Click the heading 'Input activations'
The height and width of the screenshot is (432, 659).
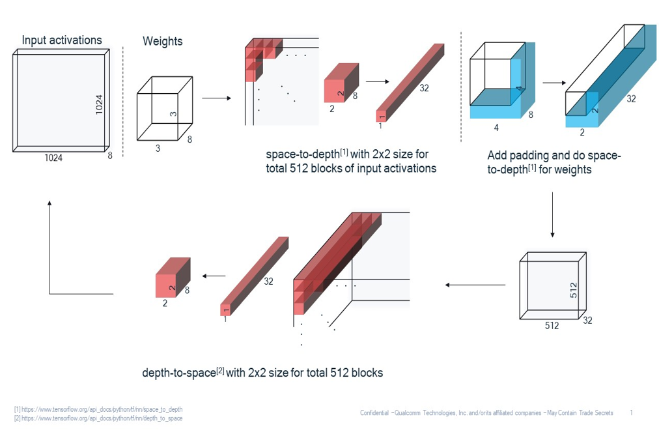pyautogui.click(x=62, y=40)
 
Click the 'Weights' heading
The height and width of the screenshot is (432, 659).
pyautogui.click(x=162, y=42)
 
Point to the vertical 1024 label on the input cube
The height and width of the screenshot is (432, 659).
pyautogui.click(x=99, y=106)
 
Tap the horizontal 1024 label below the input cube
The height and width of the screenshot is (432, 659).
pyautogui.click(x=53, y=157)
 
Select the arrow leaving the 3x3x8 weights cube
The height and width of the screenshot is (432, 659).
pyautogui.click(x=216, y=98)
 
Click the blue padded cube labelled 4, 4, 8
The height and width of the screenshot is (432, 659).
pyautogui.click(x=501, y=82)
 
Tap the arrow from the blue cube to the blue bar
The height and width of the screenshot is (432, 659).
pyautogui.click(x=554, y=83)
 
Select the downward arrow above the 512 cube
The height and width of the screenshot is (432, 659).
pyautogui.click(x=552, y=215)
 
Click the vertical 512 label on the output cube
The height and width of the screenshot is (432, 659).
pyautogui.click(x=574, y=290)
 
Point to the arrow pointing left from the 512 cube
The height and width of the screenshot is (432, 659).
pyautogui.click(x=475, y=285)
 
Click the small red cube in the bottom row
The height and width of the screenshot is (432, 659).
pyautogui.click(x=173, y=278)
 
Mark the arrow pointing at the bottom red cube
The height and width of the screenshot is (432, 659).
pyautogui.click(x=213, y=276)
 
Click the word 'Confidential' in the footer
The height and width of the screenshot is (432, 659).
pyautogui.click(x=376, y=412)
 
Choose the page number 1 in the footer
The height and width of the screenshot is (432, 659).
pyautogui.click(x=631, y=412)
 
